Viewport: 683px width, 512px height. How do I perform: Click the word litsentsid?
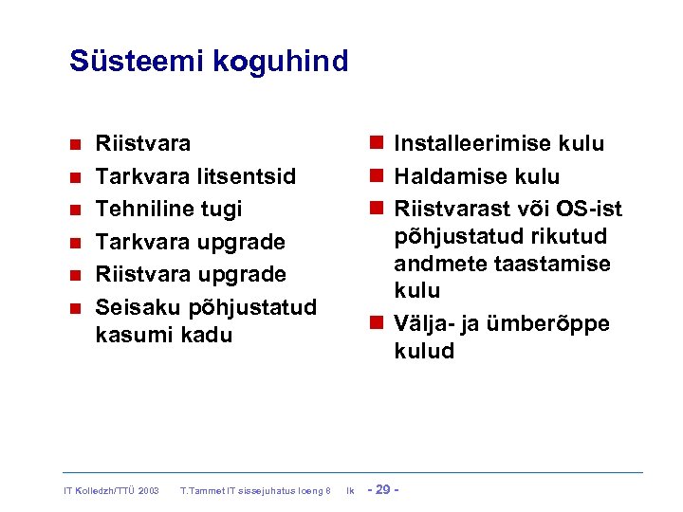tap(247, 176)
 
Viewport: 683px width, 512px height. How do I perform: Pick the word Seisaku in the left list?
tap(137, 307)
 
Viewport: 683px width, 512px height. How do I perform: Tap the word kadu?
tap(210, 335)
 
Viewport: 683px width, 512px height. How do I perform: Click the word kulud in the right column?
tap(424, 351)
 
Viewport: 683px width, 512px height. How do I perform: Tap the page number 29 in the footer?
tap(383, 489)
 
